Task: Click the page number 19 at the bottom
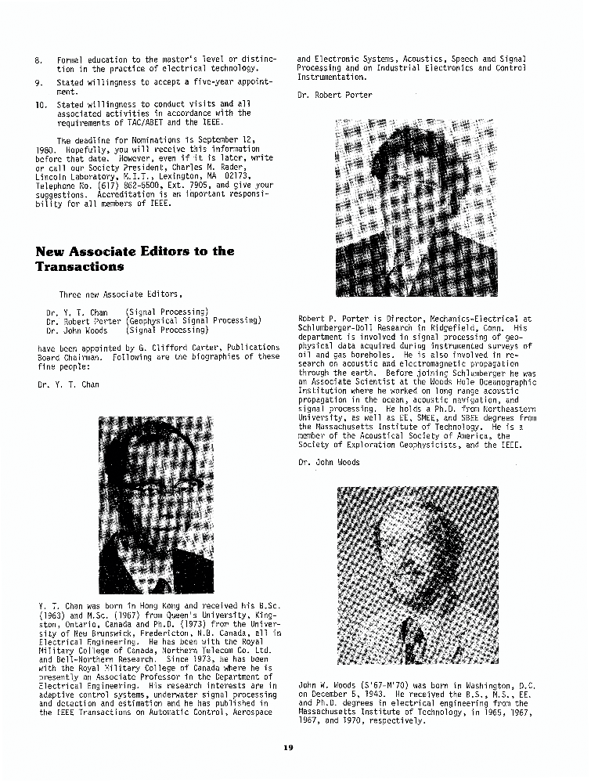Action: pyautogui.click(x=288, y=748)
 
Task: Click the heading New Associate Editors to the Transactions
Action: pyautogui.click(x=135, y=258)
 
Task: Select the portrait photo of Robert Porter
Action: pyautogui.click(x=415, y=207)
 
